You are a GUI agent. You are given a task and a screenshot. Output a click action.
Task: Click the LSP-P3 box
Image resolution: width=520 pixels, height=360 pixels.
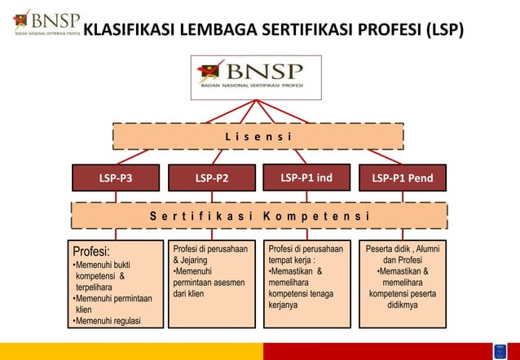tap(116, 177)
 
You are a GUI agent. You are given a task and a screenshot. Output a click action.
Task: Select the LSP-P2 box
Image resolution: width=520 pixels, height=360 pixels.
tap(211, 177)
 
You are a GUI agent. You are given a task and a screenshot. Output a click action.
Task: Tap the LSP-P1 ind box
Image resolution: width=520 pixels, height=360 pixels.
tap(306, 176)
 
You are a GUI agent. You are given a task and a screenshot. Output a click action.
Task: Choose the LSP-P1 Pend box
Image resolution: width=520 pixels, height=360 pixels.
tap(402, 177)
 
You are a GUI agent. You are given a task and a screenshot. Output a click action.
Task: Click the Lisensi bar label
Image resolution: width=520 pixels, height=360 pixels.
tap(258, 136)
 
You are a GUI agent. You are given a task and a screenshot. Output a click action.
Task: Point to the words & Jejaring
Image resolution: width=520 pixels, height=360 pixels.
tap(190, 260)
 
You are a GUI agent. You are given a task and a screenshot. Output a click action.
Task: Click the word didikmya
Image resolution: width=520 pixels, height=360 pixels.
tap(402, 305)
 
